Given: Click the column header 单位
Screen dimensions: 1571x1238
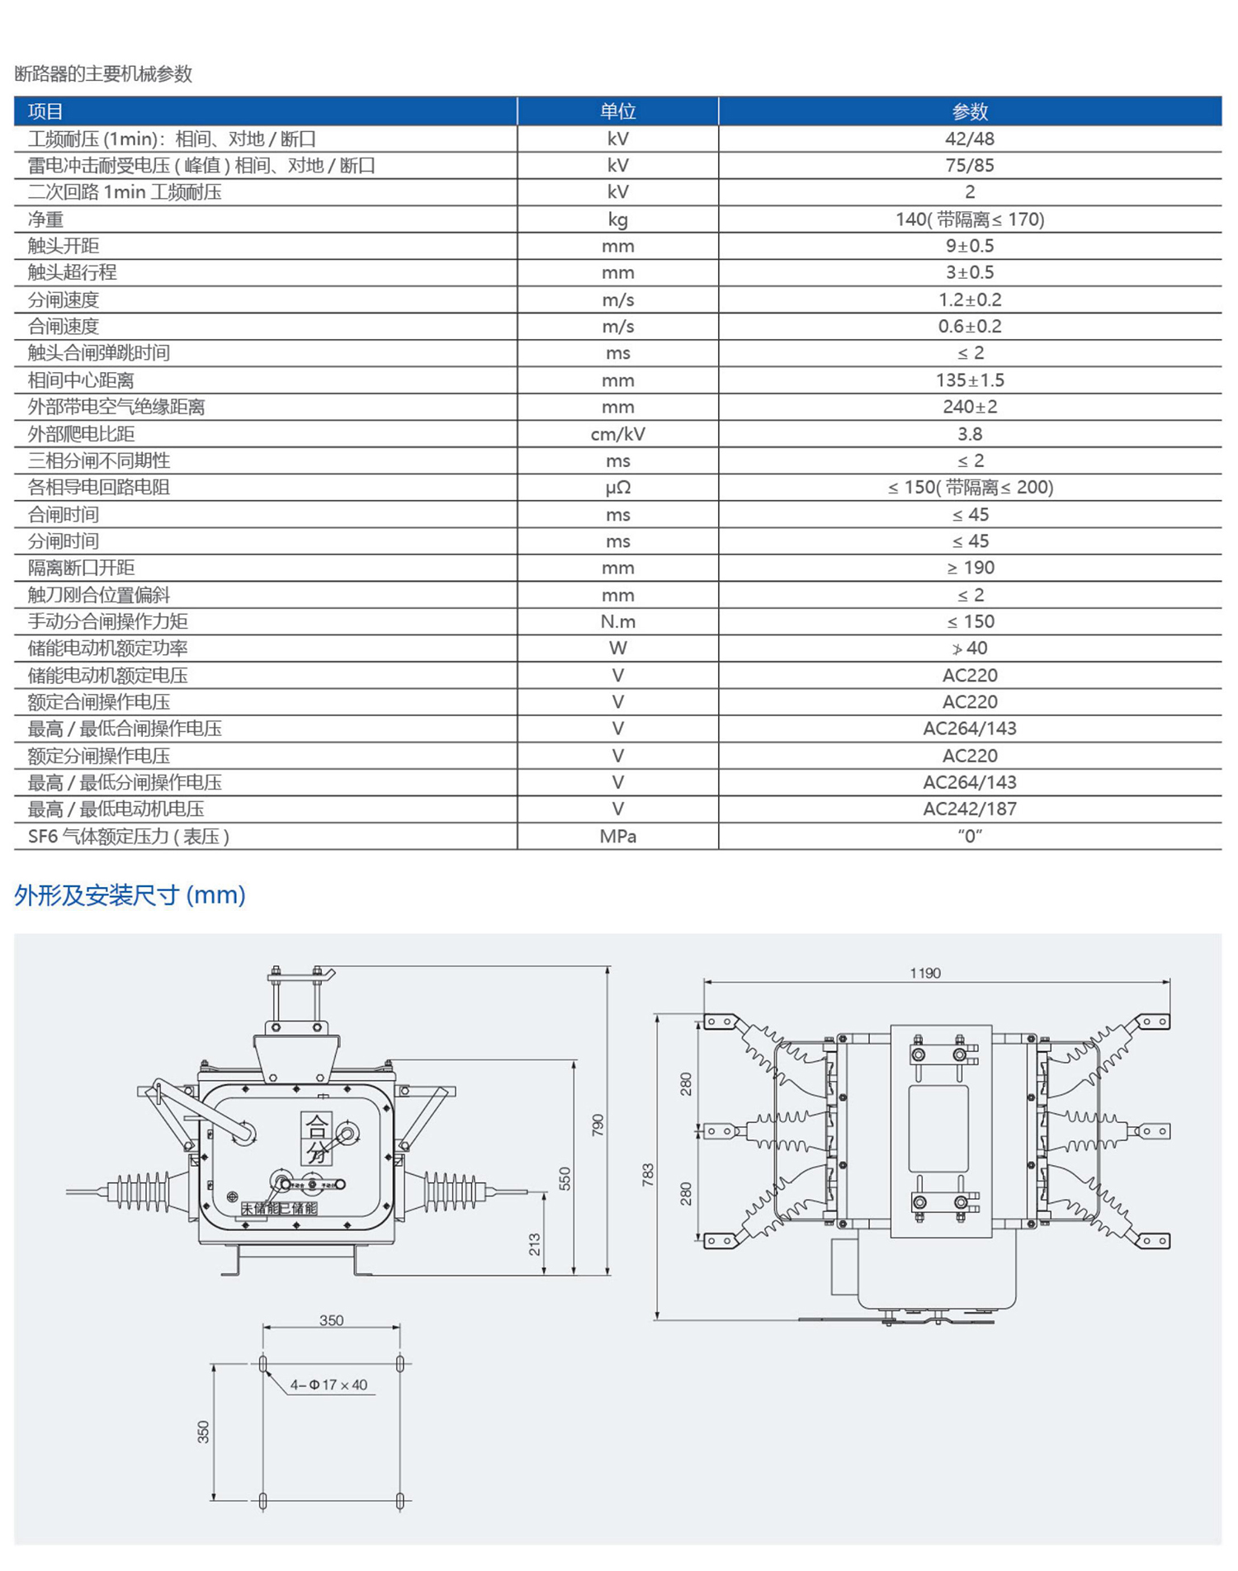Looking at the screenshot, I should coord(617,111).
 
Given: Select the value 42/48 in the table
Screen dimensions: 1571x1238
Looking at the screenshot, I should coord(969,139).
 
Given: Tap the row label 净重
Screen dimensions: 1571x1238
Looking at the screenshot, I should coord(46,219).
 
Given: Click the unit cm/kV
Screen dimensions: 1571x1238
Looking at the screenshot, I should coord(617,434).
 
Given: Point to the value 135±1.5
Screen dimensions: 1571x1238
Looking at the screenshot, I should coord(970,380).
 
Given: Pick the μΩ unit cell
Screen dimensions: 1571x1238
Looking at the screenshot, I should coord(617,488).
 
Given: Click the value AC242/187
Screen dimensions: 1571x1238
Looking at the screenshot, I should coord(969,809).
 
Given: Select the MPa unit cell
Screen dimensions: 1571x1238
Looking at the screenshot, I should coord(617,837).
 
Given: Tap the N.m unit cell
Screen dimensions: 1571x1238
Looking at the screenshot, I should coord(617,621).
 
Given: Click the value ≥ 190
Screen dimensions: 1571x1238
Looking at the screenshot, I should coord(970,568).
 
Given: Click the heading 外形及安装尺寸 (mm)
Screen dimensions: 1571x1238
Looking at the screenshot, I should coord(130,895).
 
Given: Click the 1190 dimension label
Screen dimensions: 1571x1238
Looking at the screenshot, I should coord(924,974).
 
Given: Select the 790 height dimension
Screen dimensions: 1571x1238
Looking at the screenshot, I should coord(598,1125).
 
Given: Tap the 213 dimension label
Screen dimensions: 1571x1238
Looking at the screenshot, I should coord(535,1244).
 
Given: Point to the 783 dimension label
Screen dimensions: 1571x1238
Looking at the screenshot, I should coord(648,1175).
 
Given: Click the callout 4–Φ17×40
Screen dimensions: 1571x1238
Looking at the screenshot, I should coord(328,1385).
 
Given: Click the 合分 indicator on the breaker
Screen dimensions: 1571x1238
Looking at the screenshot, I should coord(317,1138).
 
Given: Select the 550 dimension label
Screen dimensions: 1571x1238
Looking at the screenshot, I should coord(565,1178).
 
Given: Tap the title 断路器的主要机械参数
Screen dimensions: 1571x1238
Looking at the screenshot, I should coord(103,74).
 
